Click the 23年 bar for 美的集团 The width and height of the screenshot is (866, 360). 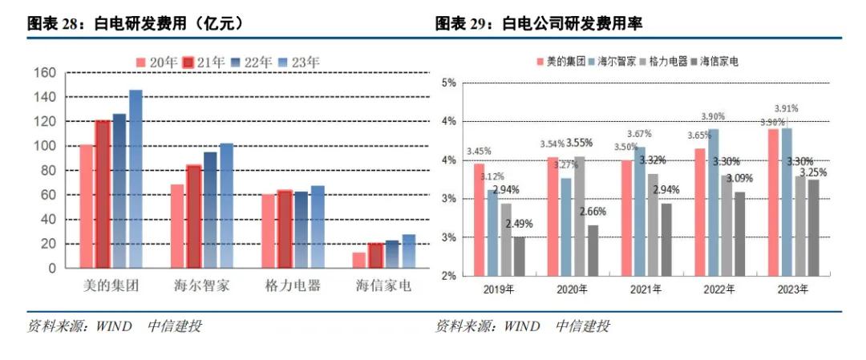point(136,178)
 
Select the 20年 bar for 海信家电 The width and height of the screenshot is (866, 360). point(358,260)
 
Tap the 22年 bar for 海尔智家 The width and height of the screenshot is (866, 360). point(210,209)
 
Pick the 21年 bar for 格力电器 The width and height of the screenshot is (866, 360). point(285,229)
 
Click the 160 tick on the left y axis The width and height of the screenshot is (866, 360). point(46,73)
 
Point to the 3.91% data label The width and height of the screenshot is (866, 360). point(786,108)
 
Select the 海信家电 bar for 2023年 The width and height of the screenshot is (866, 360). point(814,227)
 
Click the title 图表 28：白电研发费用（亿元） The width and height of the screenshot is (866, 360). point(136,24)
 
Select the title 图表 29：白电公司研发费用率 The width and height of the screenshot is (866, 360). point(540,24)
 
